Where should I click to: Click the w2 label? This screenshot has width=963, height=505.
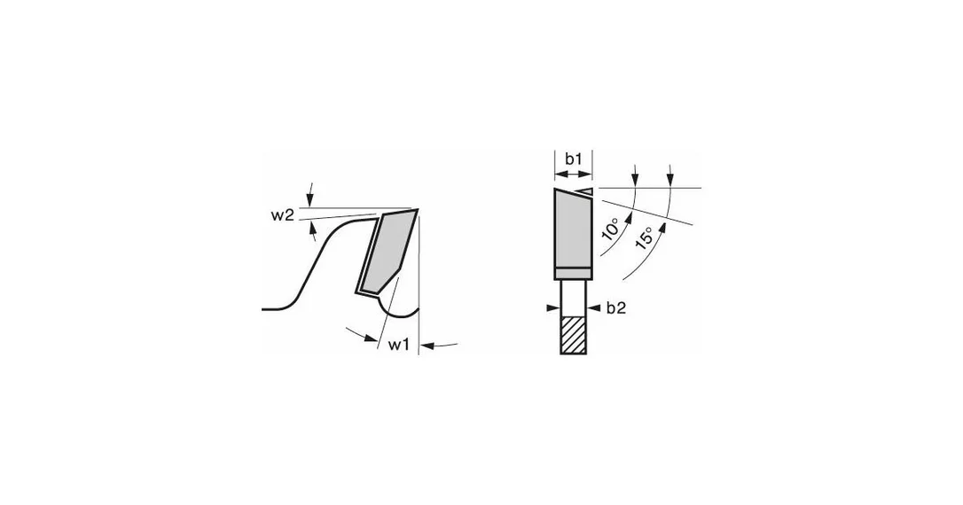pyautogui.click(x=283, y=215)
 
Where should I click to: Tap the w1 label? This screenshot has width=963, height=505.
pyautogui.click(x=398, y=345)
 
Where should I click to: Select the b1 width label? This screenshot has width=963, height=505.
pyautogui.click(x=573, y=159)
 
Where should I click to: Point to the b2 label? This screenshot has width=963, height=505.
pyautogui.click(x=616, y=308)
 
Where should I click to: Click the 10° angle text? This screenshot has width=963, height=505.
pyautogui.click(x=611, y=230)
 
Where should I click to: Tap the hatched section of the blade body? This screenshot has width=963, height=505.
pyautogui.click(x=574, y=335)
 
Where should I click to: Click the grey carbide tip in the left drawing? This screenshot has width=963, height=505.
pyautogui.click(x=386, y=252)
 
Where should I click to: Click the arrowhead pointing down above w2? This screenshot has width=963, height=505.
pyautogui.click(x=310, y=199)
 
